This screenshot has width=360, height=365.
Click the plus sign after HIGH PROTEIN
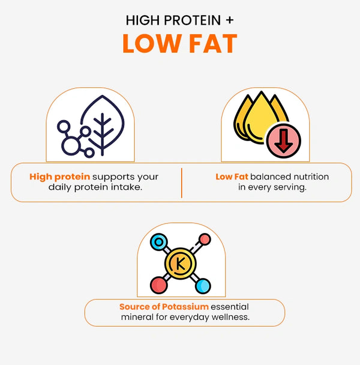229,20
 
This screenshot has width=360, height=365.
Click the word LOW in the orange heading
152,44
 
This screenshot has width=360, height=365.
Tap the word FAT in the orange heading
213,44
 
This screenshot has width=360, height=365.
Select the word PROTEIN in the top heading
192,20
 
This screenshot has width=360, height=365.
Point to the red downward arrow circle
283,141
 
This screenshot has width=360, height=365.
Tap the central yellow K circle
181,264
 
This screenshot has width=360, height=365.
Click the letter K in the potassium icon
181,264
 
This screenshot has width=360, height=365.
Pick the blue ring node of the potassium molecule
159,242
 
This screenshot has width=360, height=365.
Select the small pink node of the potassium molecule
205,239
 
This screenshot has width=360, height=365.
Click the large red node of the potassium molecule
159,285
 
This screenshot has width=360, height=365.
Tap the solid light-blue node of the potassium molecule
203,286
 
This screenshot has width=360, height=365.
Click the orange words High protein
59,177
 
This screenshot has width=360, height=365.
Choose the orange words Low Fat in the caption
232,176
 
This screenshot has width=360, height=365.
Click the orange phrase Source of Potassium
164,307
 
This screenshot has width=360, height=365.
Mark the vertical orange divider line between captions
182,183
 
